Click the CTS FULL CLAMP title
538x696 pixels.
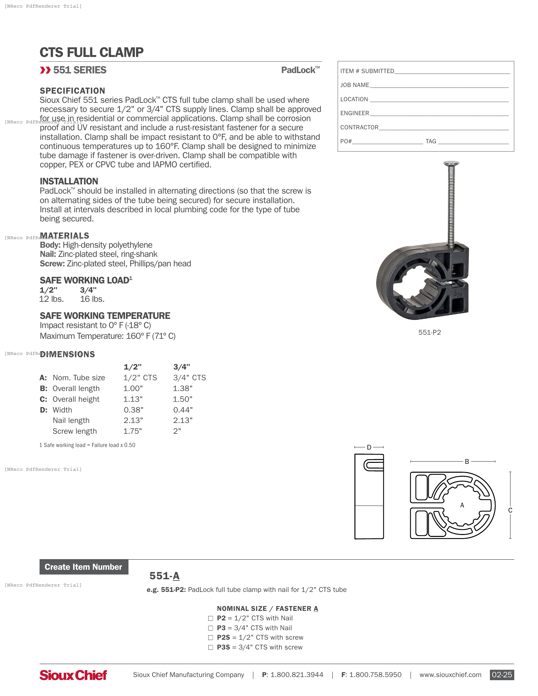(x=91, y=53)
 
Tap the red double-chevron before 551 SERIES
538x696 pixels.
(x=45, y=70)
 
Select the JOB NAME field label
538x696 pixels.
(x=354, y=85)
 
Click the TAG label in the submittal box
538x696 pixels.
(x=431, y=141)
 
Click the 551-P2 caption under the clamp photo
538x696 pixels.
(x=429, y=332)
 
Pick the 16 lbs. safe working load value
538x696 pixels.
(x=92, y=299)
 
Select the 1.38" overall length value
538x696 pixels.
(x=183, y=388)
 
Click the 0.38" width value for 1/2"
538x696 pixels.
(x=134, y=410)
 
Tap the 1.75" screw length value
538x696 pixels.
(x=133, y=431)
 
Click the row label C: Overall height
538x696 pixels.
(x=70, y=399)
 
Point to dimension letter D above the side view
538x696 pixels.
(x=369, y=447)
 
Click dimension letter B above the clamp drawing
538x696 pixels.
(x=466, y=462)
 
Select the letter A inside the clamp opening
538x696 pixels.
(x=462, y=505)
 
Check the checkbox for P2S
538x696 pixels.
(x=210, y=637)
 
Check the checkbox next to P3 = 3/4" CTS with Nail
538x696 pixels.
(x=210, y=628)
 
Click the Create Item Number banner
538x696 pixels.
(x=84, y=567)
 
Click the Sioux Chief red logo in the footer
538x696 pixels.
(x=73, y=675)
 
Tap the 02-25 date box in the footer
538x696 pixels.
(x=501, y=675)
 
